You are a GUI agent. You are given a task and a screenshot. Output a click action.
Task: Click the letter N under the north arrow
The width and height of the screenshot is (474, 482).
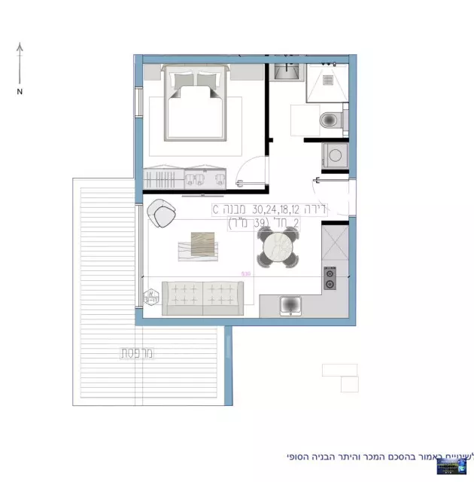pos(20,91)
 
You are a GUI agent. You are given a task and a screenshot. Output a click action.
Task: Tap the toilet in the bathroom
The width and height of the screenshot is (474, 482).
pos(330,120)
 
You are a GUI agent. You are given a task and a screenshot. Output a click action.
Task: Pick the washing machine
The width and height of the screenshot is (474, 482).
pos(334,157)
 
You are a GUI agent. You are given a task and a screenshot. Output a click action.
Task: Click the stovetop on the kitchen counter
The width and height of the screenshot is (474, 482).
pos(329,279)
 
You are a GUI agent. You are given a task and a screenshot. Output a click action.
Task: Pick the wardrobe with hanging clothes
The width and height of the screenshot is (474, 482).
pos(164,180)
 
